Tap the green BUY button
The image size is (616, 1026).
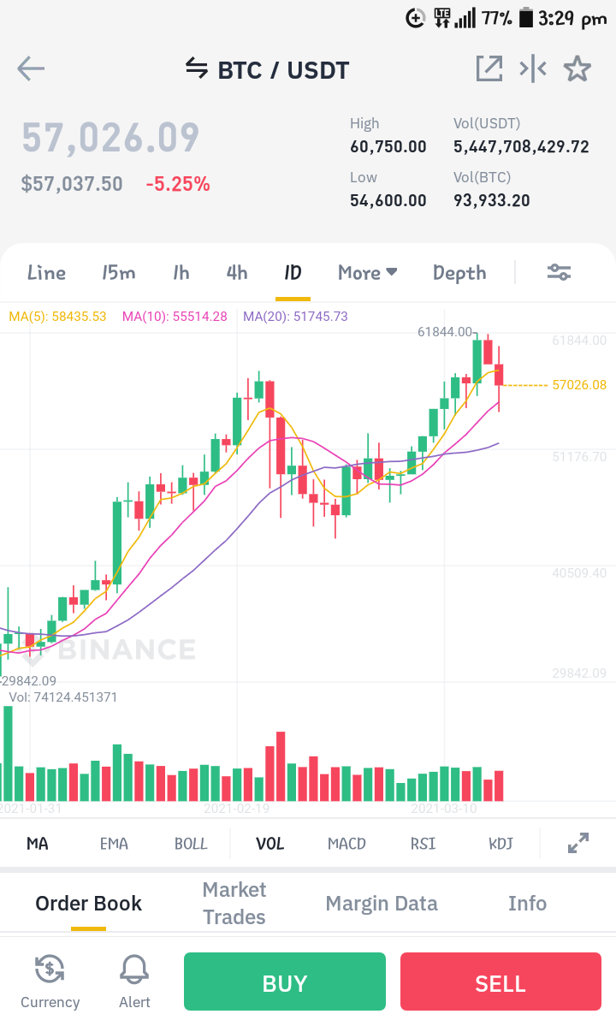click(x=284, y=982)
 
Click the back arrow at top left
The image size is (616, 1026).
click(x=31, y=68)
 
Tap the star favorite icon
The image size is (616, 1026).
click(x=577, y=68)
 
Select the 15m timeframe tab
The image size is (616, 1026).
click(x=118, y=273)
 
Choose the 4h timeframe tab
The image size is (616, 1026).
click(x=237, y=273)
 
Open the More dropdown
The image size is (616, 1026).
click(x=368, y=273)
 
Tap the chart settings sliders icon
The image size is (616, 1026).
click(x=560, y=272)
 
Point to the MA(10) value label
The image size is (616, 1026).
click(x=175, y=317)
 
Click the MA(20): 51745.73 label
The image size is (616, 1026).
click(x=295, y=317)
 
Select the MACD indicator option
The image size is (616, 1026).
click(x=346, y=844)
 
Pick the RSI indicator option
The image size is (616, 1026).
click(x=423, y=844)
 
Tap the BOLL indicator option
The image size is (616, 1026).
click(x=191, y=844)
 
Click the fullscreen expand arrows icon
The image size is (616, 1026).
click(x=578, y=843)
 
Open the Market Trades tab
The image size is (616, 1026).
click(x=234, y=903)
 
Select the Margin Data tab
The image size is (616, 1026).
click(x=382, y=904)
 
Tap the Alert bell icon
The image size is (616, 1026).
click(x=134, y=969)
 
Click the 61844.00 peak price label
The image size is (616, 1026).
click(x=445, y=332)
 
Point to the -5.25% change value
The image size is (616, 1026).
click(x=178, y=184)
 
